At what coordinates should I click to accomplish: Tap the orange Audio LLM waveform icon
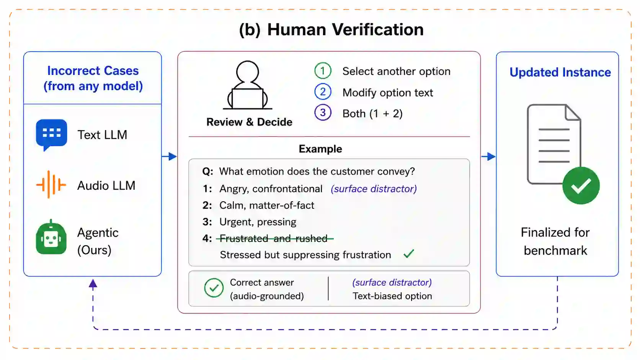click(51, 184)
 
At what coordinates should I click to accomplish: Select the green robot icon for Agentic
click(51, 237)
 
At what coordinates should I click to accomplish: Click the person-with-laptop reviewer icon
click(247, 85)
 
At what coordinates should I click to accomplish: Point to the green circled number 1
click(323, 70)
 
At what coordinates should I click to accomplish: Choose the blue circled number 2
click(323, 92)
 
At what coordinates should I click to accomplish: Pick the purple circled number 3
click(323, 113)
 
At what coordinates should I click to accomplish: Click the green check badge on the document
click(581, 186)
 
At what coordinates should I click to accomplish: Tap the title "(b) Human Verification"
click(331, 30)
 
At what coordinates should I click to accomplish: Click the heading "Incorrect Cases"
click(93, 70)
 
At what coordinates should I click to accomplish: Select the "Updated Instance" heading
click(560, 72)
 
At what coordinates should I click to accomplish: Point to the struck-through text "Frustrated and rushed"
click(273, 238)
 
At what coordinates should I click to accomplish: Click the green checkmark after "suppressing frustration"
click(408, 254)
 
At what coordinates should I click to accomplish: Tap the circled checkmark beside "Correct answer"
click(214, 288)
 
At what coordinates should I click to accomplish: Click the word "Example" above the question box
click(320, 149)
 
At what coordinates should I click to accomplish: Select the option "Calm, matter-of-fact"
click(266, 205)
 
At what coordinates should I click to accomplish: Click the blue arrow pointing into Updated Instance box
click(488, 156)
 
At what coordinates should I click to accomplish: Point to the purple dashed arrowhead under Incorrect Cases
click(93, 283)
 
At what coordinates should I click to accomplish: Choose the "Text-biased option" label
click(392, 296)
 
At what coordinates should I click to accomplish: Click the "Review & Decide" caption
click(249, 122)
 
